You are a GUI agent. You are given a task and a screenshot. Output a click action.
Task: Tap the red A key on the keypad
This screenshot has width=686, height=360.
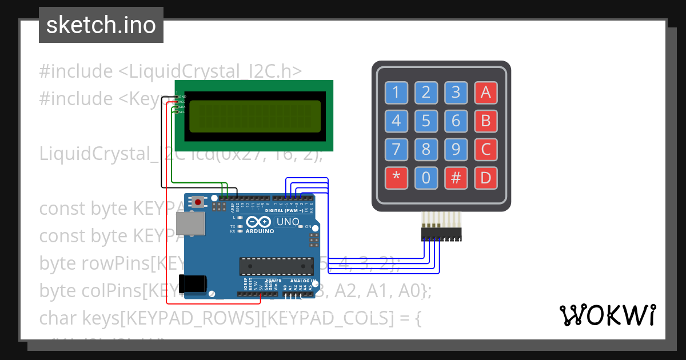tap(485, 91)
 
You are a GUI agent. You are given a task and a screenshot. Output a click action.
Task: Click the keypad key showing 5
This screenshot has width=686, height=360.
tap(426, 121)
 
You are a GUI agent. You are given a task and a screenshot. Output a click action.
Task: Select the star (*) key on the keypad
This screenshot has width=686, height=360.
tap(396, 178)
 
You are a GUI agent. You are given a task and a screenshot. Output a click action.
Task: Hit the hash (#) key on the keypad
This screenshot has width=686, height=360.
tap(456, 178)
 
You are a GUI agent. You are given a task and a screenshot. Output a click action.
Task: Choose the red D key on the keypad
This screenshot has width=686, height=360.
tap(485, 178)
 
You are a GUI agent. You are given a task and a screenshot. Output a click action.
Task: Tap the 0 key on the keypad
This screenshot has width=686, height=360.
tap(426, 178)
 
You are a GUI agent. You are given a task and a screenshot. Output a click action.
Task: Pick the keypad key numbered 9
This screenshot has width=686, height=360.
tap(456, 150)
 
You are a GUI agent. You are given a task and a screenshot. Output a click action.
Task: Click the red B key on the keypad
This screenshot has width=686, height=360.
tap(485, 121)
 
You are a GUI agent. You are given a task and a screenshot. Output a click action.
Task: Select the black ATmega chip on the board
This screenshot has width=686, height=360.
tap(277, 266)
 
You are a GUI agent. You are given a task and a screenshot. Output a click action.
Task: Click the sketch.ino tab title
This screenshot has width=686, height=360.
tap(101, 25)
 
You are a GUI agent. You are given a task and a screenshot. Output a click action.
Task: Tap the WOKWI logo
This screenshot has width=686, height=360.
tap(607, 315)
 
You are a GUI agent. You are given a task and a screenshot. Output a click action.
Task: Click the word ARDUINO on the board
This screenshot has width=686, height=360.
tap(260, 231)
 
